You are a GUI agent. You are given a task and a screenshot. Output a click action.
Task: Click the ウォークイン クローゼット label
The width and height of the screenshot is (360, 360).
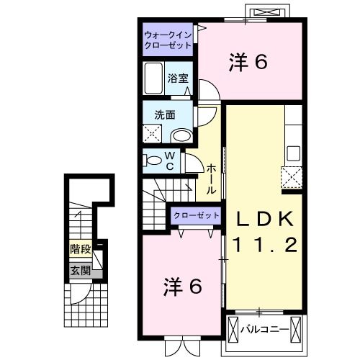pos(167,39)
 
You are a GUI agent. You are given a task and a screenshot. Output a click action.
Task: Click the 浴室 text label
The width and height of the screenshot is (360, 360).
pos(178,79)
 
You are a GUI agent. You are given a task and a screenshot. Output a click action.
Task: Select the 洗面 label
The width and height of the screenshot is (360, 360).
pos(165,114)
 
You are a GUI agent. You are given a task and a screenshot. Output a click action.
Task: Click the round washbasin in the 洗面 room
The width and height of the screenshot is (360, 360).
pos(183,135)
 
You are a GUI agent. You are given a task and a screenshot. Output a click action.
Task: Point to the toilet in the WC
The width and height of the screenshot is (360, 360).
pos(153,161)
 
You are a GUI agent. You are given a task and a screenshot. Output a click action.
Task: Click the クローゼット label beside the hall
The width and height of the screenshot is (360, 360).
pos(196,215)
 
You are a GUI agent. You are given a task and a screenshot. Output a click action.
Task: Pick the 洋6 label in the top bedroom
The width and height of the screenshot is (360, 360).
pos(249,63)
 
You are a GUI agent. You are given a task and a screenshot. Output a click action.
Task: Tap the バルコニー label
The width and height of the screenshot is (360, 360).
pos(264,330)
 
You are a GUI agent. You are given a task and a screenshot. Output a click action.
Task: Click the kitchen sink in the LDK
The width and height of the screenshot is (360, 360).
pos(293,153)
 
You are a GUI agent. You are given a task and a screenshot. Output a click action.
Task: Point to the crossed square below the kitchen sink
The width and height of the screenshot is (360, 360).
pos(292,176)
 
